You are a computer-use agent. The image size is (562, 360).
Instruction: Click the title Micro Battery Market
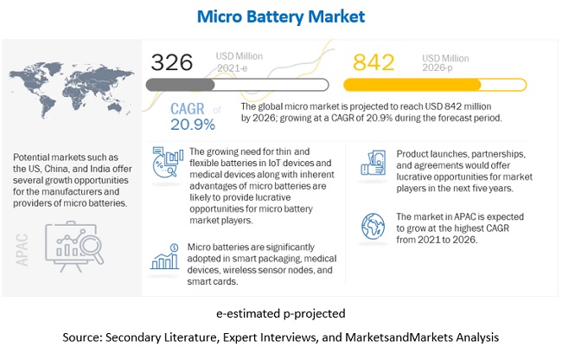280,16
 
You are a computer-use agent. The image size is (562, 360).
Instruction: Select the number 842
375,62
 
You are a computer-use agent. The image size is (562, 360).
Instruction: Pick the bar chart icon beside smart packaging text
163,257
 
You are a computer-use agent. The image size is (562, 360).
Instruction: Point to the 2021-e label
231,68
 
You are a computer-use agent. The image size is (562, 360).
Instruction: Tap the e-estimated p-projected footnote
280,313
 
